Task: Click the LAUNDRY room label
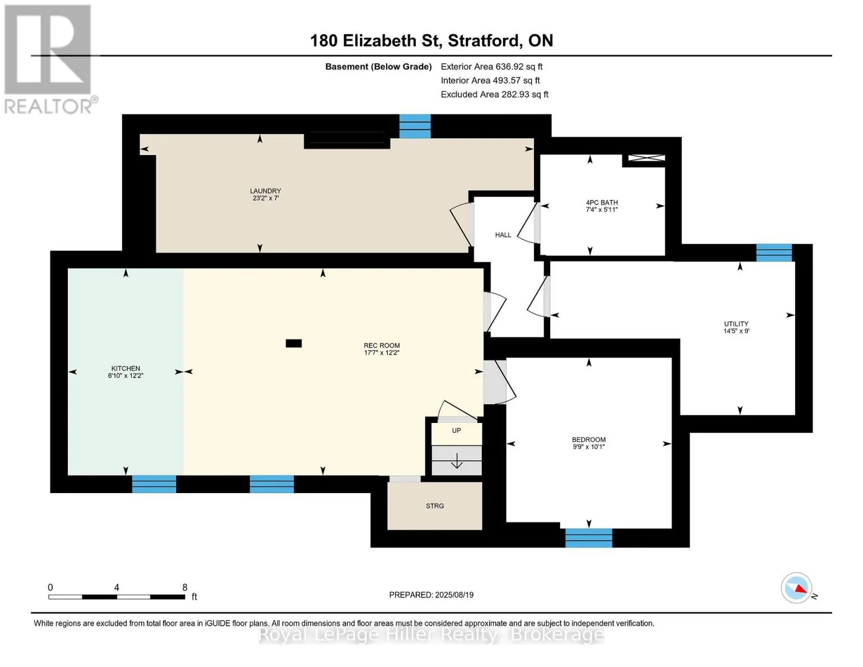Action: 265,191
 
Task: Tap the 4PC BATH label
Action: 602,203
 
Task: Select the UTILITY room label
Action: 736,323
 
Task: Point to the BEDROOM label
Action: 588,439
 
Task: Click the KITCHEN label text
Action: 126,369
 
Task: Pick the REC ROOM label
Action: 382,345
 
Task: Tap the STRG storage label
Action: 435,506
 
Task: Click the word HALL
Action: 503,235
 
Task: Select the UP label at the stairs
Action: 456,430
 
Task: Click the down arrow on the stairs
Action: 457,461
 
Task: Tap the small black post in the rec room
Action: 293,344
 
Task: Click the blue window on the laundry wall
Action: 415,126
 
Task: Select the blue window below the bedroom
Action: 588,538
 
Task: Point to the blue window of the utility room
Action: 774,253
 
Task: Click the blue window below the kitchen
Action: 154,484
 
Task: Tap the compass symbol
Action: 796,588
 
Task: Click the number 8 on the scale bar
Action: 184,587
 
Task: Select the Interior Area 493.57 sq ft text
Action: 490,80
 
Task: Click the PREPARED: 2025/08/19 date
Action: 431,595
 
